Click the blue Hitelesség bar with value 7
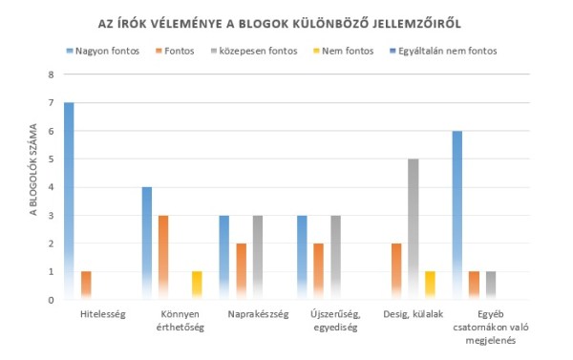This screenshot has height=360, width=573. point(69,201)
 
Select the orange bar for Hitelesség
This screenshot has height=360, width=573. point(86,286)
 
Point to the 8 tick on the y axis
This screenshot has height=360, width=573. point(53,74)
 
